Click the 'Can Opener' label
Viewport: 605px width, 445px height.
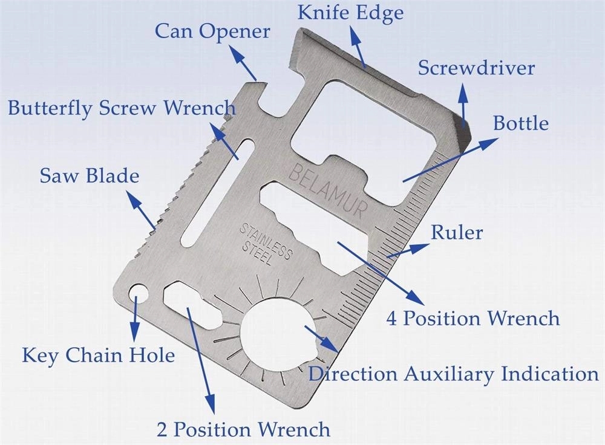point(212,31)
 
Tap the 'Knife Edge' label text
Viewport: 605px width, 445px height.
point(350,13)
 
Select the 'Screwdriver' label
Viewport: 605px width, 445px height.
point(477,68)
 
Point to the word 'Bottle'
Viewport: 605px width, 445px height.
point(521,123)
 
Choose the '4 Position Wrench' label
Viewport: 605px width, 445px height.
point(473,318)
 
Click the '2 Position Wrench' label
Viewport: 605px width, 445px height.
point(243,429)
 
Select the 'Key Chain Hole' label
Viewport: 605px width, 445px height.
point(98,355)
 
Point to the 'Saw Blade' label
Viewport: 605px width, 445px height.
point(90,177)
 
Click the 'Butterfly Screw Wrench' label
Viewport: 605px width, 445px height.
point(122,109)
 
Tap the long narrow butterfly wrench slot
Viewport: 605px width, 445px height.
point(214,192)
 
